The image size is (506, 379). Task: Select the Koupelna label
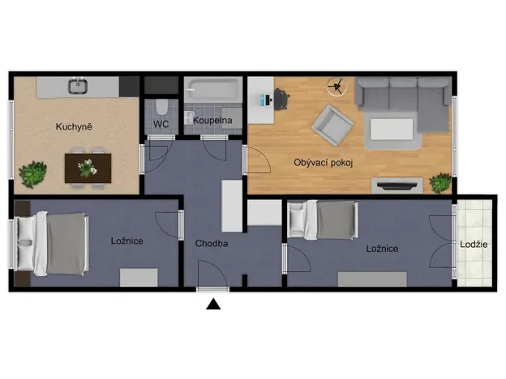pos(212,121)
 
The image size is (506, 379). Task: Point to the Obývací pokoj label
pos(322,162)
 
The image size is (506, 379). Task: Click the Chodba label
pos(211,243)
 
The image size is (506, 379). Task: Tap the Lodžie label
pos(474,245)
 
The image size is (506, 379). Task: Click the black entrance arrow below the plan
pos(213,304)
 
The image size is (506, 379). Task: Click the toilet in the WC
pos(161,104)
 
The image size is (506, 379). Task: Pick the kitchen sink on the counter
pos(79,83)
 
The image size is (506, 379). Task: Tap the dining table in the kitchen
pos(87,168)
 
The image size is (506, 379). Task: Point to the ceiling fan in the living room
pos(338,84)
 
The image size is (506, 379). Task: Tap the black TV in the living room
pos(398,185)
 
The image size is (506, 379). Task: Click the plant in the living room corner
pos(440,183)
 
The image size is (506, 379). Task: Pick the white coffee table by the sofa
pos(394,130)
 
